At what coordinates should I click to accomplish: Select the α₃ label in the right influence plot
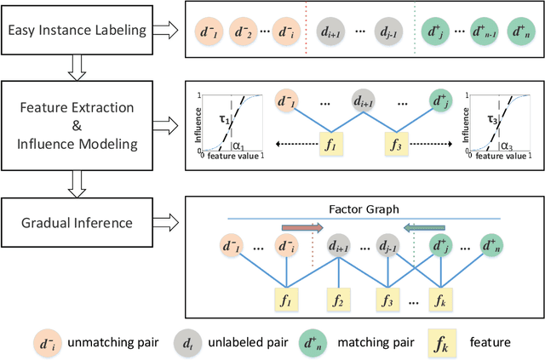point(506,146)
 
